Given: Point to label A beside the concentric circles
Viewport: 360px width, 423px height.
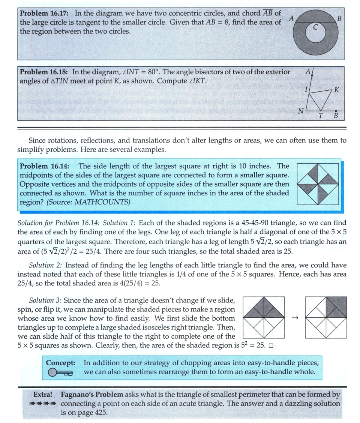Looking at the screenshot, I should pyautogui.click(x=291, y=18).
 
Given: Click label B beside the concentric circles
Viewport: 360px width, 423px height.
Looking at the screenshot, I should pyautogui.click(x=339, y=18).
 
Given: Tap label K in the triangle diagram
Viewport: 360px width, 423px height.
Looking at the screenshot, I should pyautogui.click(x=336, y=90).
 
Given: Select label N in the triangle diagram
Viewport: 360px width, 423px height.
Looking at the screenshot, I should pyautogui.click(x=300, y=111).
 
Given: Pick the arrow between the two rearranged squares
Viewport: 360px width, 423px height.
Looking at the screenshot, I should pyautogui.click(x=294, y=318).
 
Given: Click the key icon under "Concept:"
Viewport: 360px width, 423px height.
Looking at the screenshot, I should pyautogui.click(x=60, y=372).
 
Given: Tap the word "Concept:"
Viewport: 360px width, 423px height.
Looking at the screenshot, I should pyautogui.click(x=61, y=363).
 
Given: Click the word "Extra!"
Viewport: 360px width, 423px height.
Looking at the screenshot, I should pyautogui.click(x=43, y=395).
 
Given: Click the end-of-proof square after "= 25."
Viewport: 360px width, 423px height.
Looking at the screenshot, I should pyautogui.click(x=271, y=345).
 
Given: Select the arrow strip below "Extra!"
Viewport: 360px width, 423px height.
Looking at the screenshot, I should pyautogui.click(x=43, y=404).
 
